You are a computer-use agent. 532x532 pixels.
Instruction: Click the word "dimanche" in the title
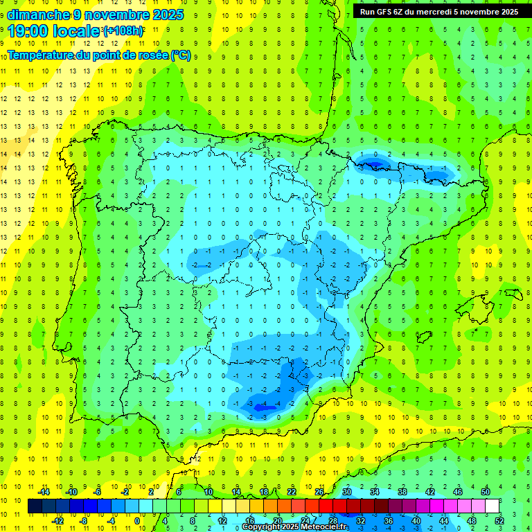37,15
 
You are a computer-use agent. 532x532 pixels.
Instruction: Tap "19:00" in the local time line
28,31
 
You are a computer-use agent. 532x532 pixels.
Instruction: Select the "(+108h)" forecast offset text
123,31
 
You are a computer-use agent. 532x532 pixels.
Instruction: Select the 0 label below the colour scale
137,520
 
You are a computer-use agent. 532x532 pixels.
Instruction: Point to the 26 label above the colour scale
319,492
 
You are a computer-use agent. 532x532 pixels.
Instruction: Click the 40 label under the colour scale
416,520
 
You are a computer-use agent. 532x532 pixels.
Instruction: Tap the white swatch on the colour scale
492,506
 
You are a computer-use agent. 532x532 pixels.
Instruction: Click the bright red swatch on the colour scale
326,506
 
